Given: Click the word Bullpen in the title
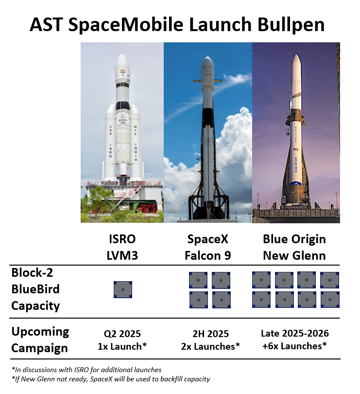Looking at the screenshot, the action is click(x=291, y=25).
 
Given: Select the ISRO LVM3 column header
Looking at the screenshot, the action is click(x=122, y=247).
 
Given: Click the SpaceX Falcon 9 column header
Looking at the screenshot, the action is click(x=208, y=247).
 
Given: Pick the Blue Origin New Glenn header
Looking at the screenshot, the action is click(x=294, y=247).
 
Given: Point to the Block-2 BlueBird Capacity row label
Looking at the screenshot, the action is click(x=35, y=289).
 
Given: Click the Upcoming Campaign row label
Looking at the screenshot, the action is click(x=40, y=340).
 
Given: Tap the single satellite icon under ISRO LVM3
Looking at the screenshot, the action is click(x=123, y=289).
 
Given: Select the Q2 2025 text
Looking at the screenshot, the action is click(x=122, y=334).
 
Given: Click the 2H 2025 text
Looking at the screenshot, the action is click(x=211, y=334).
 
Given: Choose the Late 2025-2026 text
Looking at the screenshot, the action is click(x=295, y=333).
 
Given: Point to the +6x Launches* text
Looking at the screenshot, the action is click(x=294, y=346).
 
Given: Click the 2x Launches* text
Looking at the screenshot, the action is click(x=210, y=346).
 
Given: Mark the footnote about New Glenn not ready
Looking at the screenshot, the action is click(x=111, y=379).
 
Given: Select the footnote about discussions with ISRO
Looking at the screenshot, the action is click(x=86, y=370).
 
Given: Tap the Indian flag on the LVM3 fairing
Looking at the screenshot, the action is click(x=122, y=71).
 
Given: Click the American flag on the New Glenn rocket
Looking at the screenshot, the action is click(x=296, y=149).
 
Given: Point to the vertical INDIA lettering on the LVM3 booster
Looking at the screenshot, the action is click(x=136, y=152).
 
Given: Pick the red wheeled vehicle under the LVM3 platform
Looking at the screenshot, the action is click(x=147, y=208).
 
